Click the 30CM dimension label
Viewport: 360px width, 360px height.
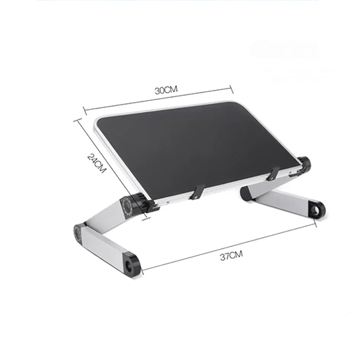pyautogui.click(x=166, y=90)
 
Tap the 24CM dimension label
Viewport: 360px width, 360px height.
pyautogui.click(x=97, y=163)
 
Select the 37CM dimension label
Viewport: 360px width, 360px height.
pyautogui.click(x=231, y=256)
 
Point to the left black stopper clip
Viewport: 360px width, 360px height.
pyautogui.click(x=197, y=192)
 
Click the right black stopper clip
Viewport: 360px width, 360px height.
pyautogui.click(x=274, y=173)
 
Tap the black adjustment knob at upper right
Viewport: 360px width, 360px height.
pyautogui.click(x=304, y=164)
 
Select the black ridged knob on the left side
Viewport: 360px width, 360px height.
pyautogui.click(x=140, y=202)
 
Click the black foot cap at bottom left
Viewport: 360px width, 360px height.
pyautogui.click(x=131, y=263)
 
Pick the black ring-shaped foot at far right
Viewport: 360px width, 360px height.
pyautogui.click(x=317, y=209)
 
